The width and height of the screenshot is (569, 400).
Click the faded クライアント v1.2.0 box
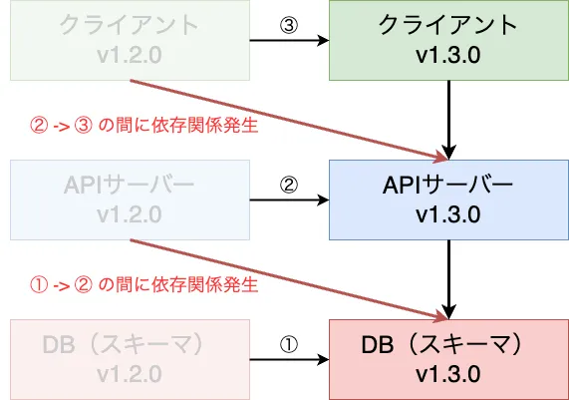130,40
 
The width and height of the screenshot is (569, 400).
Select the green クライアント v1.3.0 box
448,40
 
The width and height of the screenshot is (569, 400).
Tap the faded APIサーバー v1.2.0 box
130,200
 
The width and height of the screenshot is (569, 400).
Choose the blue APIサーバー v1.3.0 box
448,200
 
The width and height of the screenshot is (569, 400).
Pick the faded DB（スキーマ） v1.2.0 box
130,360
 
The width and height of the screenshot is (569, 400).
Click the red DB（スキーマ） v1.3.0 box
448,360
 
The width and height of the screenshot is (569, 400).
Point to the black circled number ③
289,25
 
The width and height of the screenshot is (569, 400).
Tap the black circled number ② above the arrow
289,185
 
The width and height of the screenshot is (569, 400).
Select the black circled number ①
289,344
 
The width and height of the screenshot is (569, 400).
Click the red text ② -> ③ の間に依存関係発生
144,126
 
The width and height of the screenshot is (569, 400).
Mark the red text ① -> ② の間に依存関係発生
144,285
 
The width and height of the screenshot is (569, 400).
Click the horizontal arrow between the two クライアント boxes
290,40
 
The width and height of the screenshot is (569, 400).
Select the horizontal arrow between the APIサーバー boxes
290,200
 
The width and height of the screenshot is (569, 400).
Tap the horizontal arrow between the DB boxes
290,360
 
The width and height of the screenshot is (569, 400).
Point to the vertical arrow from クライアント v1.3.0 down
448,120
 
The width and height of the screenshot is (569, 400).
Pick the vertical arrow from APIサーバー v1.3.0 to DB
448,279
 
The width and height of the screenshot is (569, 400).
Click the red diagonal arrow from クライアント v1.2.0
290,121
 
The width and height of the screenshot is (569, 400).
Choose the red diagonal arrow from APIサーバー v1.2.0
290,280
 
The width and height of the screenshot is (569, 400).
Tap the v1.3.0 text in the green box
448,55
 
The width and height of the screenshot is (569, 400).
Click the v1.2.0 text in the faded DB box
130,375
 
